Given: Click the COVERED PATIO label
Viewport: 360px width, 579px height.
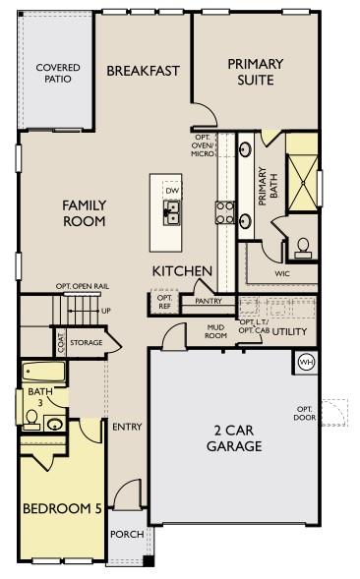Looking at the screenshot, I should pyautogui.click(x=58, y=74).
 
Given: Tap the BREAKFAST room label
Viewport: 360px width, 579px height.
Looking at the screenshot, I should pyautogui.click(x=143, y=70).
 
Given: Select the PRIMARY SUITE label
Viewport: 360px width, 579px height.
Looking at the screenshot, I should pyautogui.click(x=255, y=71).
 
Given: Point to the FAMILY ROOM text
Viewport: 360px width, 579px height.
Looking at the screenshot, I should pyautogui.click(x=84, y=213).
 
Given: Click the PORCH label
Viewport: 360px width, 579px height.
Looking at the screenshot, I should pyautogui.click(x=126, y=535).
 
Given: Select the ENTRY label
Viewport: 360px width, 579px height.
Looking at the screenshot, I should pyautogui.click(x=127, y=427).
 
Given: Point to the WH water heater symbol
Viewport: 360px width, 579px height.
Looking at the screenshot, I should pyautogui.click(x=305, y=361).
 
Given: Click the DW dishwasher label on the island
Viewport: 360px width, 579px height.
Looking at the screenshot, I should pyautogui.click(x=171, y=191).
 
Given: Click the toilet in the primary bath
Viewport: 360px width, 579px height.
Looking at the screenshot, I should pyautogui.click(x=303, y=244).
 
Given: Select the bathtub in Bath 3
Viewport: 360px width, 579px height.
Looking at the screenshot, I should pyautogui.click(x=43, y=374).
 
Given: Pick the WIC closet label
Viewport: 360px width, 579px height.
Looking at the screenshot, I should pyautogui.click(x=281, y=274).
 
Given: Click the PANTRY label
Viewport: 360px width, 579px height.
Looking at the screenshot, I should pyautogui.click(x=207, y=301).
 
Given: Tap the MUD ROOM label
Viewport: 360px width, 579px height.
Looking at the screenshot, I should pyautogui.click(x=215, y=330).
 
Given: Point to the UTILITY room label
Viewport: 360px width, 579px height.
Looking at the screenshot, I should pyautogui.click(x=289, y=332).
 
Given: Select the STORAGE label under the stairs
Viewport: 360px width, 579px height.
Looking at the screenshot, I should pyautogui.click(x=87, y=343).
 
